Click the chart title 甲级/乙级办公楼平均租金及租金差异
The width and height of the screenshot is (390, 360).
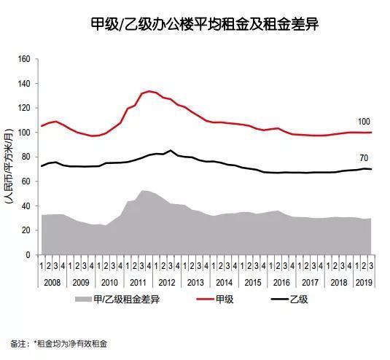click(195, 25)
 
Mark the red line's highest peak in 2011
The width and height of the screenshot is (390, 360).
click(149, 91)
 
